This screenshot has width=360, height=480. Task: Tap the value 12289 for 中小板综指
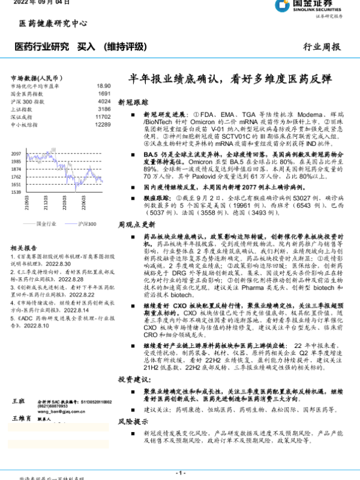(103, 125)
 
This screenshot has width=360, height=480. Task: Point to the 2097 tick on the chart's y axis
(16, 155)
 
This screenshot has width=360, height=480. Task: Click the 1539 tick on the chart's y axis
(16, 192)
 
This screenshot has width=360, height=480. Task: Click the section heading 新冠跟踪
(132, 103)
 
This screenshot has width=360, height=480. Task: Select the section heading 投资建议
(132, 380)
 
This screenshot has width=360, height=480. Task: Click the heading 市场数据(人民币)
(37, 78)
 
